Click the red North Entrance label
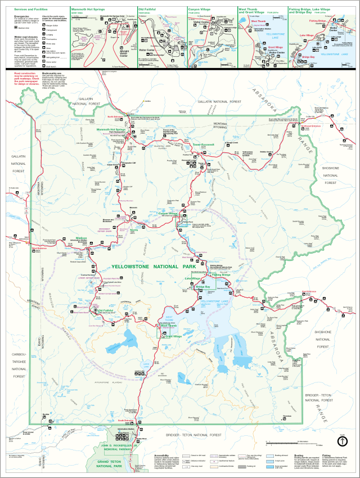pos(115,117)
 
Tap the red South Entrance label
pos(125,420)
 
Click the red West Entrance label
pos(39,248)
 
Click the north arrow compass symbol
pos(341,442)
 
